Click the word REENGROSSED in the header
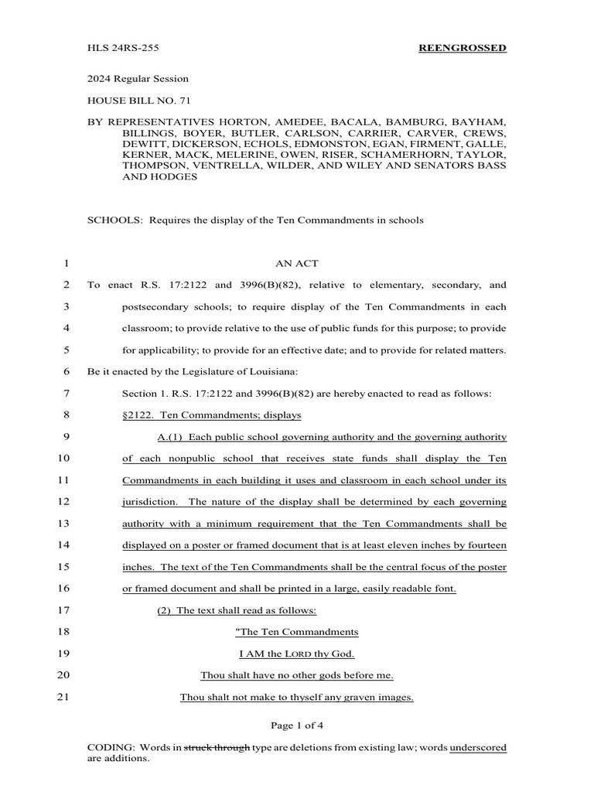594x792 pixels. (463, 48)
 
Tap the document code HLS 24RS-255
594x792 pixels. (119, 48)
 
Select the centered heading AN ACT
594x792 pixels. (297, 264)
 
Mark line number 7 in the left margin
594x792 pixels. (64, 394)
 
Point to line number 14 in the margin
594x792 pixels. (63, 545)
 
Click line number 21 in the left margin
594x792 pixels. (63, 697)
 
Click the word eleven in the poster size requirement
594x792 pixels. (418, 545)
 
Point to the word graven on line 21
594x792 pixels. (346, 697)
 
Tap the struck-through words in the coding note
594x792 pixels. (217, 748)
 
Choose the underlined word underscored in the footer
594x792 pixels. (478, 748)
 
